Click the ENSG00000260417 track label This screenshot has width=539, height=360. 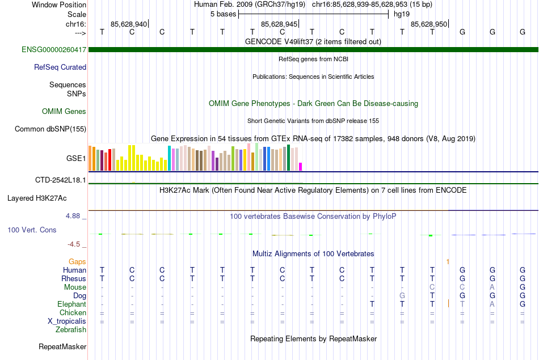click(54, 50)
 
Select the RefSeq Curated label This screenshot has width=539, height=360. click(60, 67)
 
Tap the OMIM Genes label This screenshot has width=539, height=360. click(64, 112)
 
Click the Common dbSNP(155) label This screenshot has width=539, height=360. click(50, 129)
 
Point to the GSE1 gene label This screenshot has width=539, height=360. click(77, 159)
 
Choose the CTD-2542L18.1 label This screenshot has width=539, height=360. click(61, 180)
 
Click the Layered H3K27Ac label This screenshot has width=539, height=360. click(37, 198)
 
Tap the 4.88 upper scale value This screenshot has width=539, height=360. click(74, 216)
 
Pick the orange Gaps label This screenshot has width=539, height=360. click(77, 261)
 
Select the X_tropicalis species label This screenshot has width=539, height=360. click(67, 321)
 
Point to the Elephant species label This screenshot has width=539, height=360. click(71, 304)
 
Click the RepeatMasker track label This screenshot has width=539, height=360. click(62, 346)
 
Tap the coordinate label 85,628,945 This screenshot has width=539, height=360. click(279, 24)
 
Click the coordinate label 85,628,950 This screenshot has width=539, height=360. click(428, 24)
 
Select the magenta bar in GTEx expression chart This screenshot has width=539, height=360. click(301, 167)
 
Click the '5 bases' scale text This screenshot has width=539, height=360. click(221, 14)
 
